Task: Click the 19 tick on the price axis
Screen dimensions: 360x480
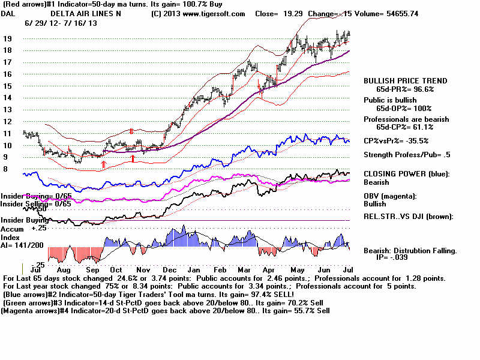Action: click(x=8, y=38)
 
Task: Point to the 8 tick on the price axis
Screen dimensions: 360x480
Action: click(x=6, y=169)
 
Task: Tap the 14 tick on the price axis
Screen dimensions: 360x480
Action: click(x=8, y=98)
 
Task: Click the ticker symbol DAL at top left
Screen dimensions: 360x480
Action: click(x=8, y=13)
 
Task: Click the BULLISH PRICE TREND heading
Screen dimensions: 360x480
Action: click(x=405, y=81)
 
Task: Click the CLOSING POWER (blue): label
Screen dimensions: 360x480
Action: click(x=407, y=174)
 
